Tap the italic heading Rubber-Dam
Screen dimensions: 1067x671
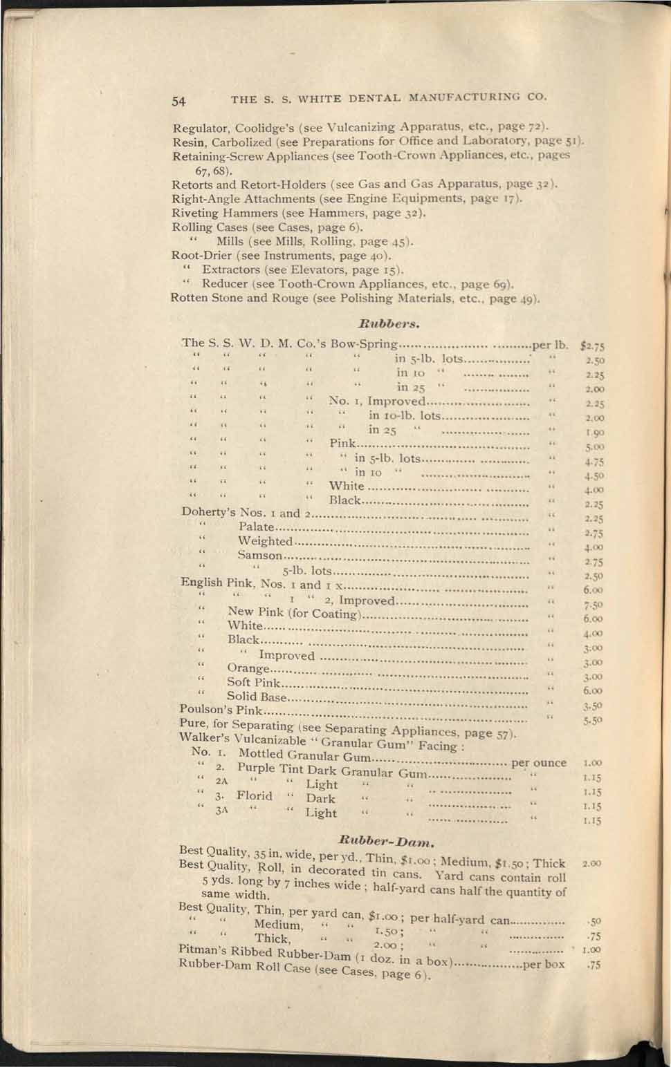[x=387, y=841]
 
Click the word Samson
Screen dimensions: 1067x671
[x=260, y=555]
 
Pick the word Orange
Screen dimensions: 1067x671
[x=248, y=668]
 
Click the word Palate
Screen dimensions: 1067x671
[x=256, y=527]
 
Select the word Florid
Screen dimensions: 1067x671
[x=255, y=795]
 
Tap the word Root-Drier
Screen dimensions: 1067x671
[x=201, y=255]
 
